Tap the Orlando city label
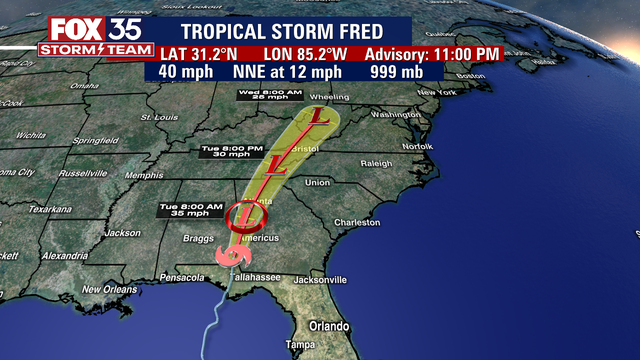pyautogui.click(x=330, y=326)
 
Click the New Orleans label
pyautogui.click(x=107, y=289)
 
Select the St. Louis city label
pyautogui.click(x=159, y=117)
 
